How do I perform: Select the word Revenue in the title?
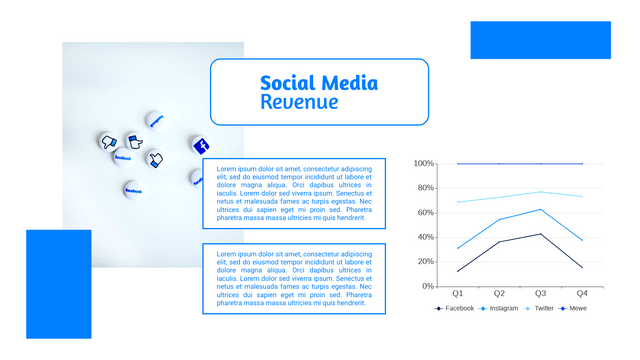pyautogui.click(x=299, y=102)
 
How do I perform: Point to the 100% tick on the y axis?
pyautogui.click(x=423, y=163)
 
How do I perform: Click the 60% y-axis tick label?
pyautogui.click(x=425, y=212)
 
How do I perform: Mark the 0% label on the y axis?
pyautogui.click(x=427, y=286)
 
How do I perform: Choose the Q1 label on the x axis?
pyautogui.click(x=458, y=294)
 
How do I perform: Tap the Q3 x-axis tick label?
pyautogui.click(x=541, y=294)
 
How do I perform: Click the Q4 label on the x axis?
pyautogui.click(x=582, y=294)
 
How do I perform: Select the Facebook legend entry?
pyautogui.click(x=454, y=309)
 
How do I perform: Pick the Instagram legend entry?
pyautogui.click(x=499, y=309)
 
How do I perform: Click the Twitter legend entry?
pyautogui.click(x=539, y=309)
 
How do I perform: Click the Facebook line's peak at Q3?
pyautogui.click(x=541, y=234)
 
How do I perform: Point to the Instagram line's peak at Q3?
pyautogui.click(x=541, y=210)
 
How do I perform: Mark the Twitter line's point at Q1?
pyautogui.click(x=458, y=202)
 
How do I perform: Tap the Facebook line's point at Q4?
pyautogui.click(x=582, y=267)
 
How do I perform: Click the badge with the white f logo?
pyautogui.click(x=201, y=145)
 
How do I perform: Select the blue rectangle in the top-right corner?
pyautogui.click(x=540, y=40)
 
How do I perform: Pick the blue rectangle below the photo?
pyautogui.click(x=58, y=284)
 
